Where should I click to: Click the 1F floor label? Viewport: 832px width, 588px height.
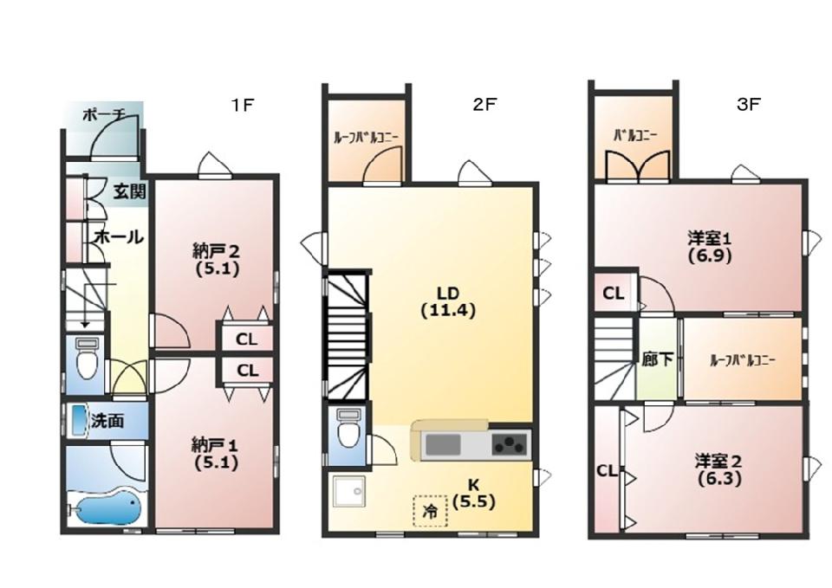click(243, 105)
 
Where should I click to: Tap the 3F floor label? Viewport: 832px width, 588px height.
click(748, 105)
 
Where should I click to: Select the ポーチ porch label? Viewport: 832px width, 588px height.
click(104, 114)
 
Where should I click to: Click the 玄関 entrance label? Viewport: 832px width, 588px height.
click(129, 191)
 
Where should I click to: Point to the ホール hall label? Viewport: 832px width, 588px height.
click(119, 237)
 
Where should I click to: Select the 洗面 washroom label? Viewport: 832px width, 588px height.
click(107, 421)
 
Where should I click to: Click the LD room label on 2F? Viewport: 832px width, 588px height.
click(447, 292)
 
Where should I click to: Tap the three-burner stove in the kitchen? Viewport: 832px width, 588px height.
click(510, 443)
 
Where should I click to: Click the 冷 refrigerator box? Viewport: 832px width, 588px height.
click(431, 511)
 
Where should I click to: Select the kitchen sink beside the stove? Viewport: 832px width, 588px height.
click(444, 444)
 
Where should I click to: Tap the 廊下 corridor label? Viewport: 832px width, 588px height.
click(658, 359)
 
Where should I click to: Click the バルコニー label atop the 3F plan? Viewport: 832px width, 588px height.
click(635, 135)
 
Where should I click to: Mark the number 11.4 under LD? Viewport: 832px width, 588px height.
click(448, 311)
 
